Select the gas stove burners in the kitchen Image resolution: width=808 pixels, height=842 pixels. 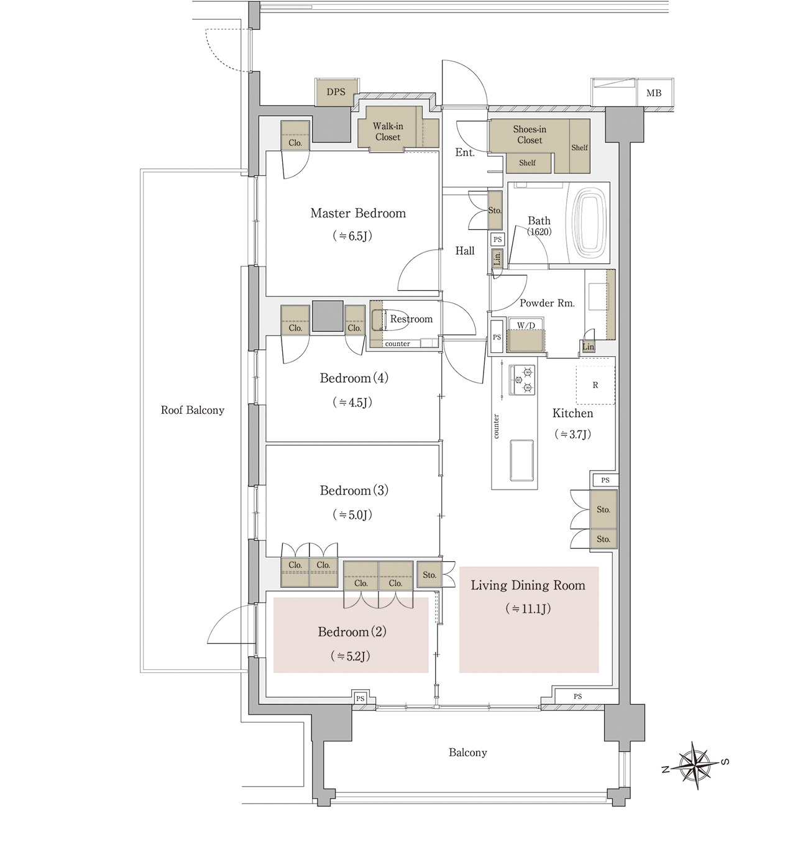[522, 380]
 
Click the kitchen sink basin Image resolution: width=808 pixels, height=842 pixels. [522, 460]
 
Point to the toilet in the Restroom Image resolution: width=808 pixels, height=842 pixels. [389, 320]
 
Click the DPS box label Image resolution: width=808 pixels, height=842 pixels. [336, 92]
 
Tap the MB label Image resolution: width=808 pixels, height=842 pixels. [653, 93]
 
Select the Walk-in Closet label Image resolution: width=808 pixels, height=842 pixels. [388, 132]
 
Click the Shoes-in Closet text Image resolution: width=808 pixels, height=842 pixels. [530, 135]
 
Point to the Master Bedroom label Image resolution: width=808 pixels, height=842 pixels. [358, 213]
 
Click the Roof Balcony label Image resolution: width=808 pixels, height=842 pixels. [193, 410]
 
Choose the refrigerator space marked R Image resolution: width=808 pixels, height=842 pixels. [595, 385]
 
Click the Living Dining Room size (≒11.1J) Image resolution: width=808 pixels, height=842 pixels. [528, 609]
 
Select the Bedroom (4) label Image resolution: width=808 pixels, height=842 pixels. [354, 378]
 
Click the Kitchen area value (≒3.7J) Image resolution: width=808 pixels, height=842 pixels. [572, 434]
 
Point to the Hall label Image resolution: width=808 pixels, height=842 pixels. [465, 250]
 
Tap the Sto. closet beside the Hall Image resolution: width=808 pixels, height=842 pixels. [495, 210]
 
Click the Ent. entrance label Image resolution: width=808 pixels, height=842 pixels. [465, 152]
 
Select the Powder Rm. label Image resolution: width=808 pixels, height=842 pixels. [547, 303]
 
